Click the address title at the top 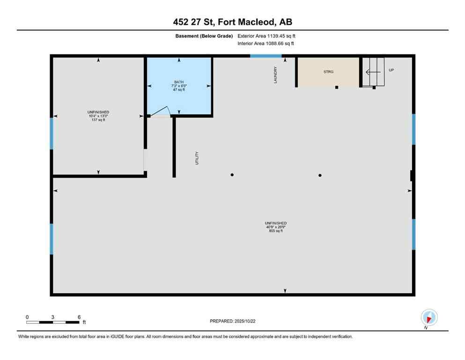(232, 22)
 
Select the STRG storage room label (328, 72)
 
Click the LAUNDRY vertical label (276, 75)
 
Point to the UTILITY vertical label (198, 157)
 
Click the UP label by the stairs (391, 70)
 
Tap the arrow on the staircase (373, 72)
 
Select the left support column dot (232, 175)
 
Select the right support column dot (320, 175)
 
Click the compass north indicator (429, 317)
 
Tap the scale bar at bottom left (52, 322)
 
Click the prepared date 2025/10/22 (232, 321)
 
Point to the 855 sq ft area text (275, 231)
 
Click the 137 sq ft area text (98, 120)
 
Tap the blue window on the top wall (266, 56)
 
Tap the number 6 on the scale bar (79, 317)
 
